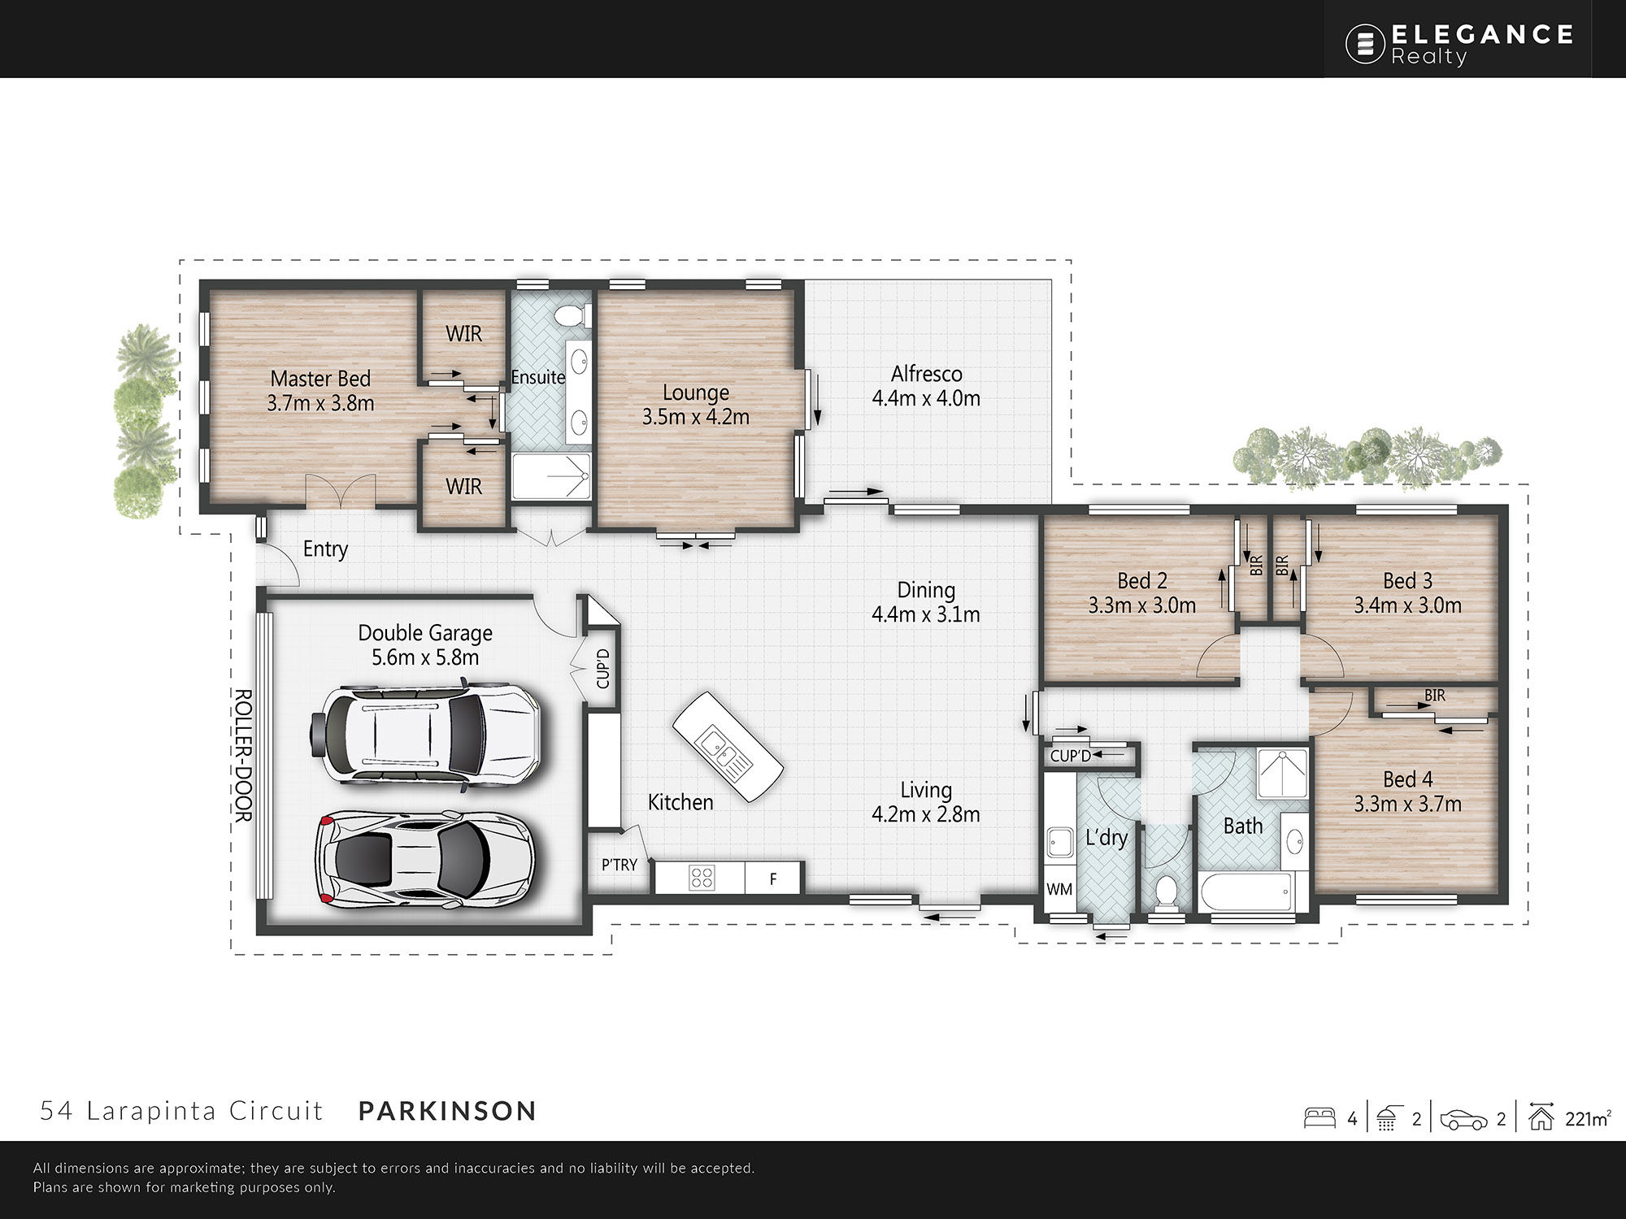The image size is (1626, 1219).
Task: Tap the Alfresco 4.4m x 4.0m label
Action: pos(926,386)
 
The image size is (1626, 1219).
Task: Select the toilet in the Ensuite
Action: pos(572,315)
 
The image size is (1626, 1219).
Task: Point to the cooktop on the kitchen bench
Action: pos(702,878)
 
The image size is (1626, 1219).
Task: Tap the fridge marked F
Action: pos(772,878)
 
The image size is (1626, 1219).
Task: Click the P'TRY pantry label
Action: pos(620,865)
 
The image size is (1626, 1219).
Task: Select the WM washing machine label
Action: pos(1059,889)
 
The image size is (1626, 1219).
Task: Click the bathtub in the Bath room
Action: pos(1251,894)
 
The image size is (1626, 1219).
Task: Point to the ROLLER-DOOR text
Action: pos(243,756)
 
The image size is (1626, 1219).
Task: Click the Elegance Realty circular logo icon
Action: pos(1365,44)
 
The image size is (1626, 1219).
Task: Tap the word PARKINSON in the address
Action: pos(448,1111)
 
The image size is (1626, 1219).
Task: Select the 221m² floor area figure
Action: pos(1587,1118)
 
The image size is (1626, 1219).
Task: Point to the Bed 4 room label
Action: pos(1407,792)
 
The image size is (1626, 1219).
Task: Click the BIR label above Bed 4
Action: pos(1435,696)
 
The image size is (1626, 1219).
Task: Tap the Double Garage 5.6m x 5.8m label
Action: pos(425,645)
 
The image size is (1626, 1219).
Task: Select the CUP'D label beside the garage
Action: pos(602,668)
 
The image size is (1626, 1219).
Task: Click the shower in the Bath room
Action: pos(1282,773)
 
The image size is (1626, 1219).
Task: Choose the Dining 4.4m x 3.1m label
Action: pos(926,602)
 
